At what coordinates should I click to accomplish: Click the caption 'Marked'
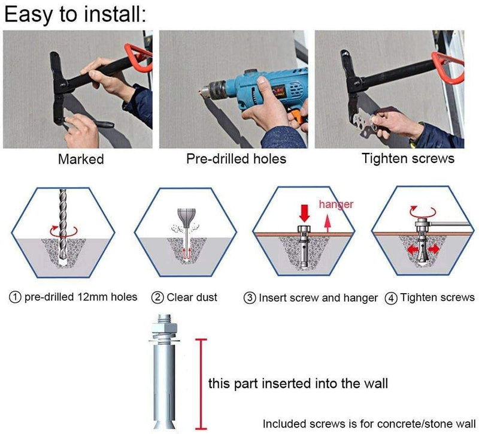[81, 159]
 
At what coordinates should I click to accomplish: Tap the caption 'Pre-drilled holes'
[236, 159]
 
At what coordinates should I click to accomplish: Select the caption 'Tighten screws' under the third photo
[408, 159]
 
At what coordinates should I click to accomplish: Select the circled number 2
[157, 297]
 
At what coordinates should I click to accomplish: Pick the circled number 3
[250, 297]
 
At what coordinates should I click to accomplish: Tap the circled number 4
[391, 297]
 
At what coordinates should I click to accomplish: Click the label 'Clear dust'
[192, 297]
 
